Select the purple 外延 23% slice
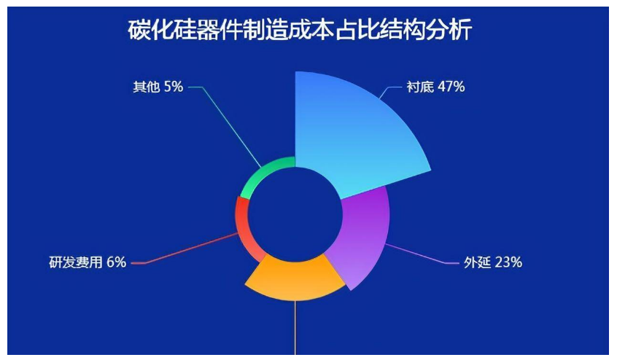364,236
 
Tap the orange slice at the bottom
295,277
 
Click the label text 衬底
420,87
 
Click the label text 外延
477,262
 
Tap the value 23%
508,262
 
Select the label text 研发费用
76,262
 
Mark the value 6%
117,262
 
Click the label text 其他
147,87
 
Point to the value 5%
174,87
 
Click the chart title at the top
300,30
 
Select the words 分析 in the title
449,30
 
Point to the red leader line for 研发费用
185,249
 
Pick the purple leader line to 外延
422,254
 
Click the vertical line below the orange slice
295,328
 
